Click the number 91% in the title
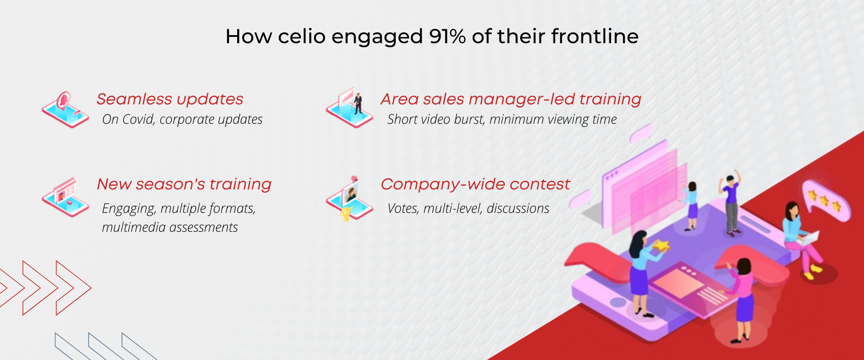[447, 36]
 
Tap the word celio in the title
[301, 36]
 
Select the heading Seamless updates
[170, 99]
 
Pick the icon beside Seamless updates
[66, 110]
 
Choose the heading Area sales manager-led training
[511, 99]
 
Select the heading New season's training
[184, 184]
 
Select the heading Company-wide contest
[475, 184]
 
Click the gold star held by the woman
[661, 246]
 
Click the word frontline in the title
[595, 36]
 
